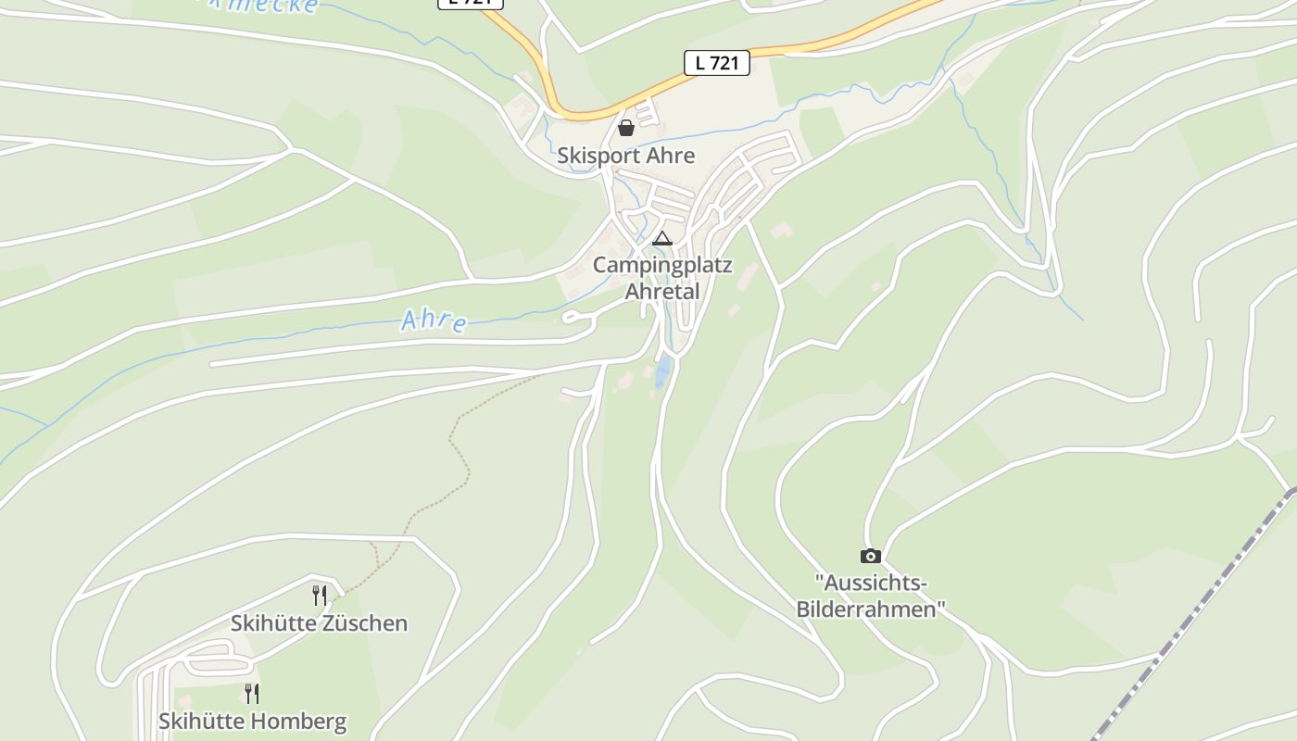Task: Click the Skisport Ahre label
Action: click(x=625, y=156)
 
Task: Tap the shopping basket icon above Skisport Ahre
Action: click(x=626, y=128)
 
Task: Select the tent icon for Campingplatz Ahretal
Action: click(x=661, y=239)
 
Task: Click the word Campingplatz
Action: click(x=662, y=266)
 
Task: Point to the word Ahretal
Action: click(x=661, y=292)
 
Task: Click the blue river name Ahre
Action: click(x=434, y=320)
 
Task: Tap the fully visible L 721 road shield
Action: click(x=716, y=63)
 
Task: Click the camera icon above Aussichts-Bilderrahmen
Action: click(x=870, y=556)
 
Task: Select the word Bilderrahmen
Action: click(x=871, y=609)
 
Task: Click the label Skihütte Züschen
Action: click(x=319, y=623)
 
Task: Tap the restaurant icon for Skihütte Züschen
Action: click(x=319, y=595)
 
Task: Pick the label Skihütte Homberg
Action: click(x=252, y=722)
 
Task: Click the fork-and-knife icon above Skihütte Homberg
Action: click(x=251, y=693)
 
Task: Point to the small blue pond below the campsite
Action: click(x=662, y=373)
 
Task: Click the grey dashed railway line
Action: click(x=1195, y=611)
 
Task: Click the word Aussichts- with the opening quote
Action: click(x=871, y=584)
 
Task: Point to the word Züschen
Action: click(x=363, y=623)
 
